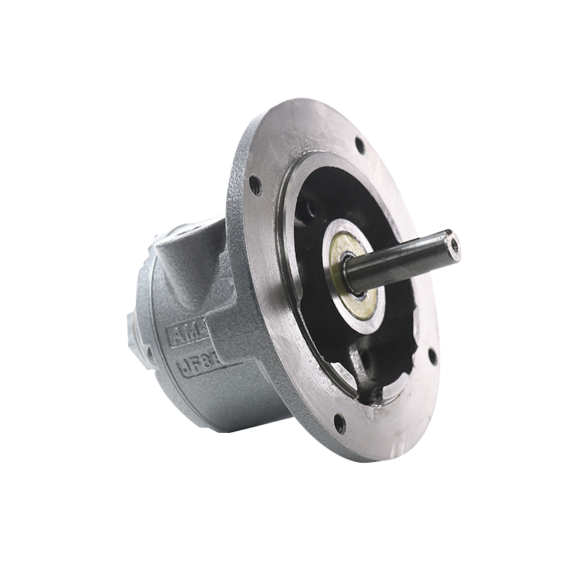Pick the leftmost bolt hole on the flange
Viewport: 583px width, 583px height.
(255, 185)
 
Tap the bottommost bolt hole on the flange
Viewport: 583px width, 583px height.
(339, 420)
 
